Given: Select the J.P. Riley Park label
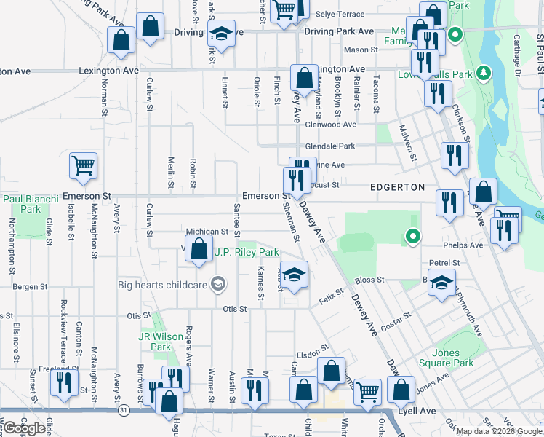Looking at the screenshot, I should tap(247, 253).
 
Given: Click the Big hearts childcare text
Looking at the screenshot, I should tap(162, 284).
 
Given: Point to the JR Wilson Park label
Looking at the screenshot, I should tap(155, 342).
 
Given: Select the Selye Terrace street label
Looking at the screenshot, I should tap(340, 14).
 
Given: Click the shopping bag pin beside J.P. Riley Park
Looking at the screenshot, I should tap(199, 250).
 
